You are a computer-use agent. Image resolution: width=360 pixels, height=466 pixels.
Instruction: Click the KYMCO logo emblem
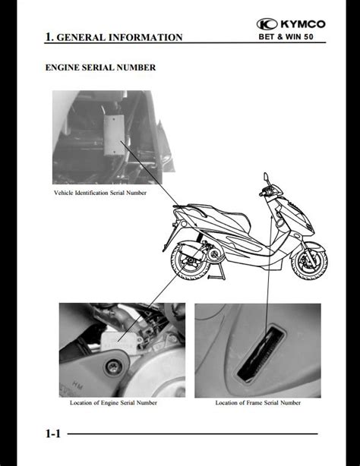(267, 24)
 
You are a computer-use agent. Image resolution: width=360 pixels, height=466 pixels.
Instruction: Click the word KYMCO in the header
(303, 24)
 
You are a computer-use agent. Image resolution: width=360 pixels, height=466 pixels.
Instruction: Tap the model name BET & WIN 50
(286, 37)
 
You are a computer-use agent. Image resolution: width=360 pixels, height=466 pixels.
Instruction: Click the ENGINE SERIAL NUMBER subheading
(100, 68)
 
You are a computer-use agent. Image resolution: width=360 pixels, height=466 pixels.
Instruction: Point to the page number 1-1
(53, 433)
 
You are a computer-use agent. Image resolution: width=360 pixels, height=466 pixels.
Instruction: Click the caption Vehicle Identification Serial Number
(100, 193)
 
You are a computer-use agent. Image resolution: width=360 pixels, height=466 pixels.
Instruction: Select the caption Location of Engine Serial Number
(113, 403)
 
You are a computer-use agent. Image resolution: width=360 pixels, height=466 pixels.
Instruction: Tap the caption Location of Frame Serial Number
(258, 403)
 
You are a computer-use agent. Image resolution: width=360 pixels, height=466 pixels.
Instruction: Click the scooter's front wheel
(309, 261)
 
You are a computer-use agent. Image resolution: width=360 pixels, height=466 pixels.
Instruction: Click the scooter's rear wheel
(190, 261)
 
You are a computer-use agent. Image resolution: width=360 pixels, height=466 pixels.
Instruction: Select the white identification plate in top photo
(114, 135)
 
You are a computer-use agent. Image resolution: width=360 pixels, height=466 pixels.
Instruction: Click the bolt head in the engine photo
(112, 367)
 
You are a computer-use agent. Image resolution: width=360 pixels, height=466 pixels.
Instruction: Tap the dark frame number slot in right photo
(261, 354)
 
